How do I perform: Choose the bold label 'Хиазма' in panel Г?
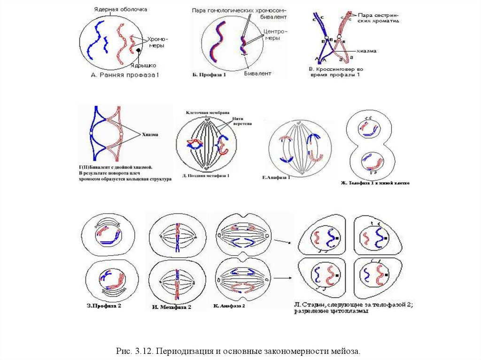[147, 134]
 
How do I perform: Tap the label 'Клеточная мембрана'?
[208, 113]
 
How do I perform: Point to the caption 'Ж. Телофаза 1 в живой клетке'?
[375, 183]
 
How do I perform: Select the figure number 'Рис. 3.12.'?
[135, 351]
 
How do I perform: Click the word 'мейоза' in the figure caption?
[349, 351]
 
